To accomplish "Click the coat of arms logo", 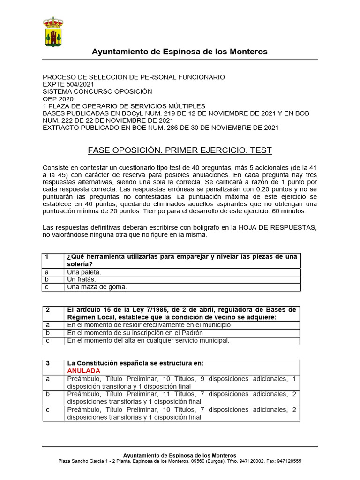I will [53, 32].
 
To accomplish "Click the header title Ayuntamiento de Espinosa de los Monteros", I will [180, 52].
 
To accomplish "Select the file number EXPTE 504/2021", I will [68, 84].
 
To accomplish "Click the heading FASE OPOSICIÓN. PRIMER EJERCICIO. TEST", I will [180, 150].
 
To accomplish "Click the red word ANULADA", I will [84, 371].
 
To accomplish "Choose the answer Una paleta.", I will [84, 272].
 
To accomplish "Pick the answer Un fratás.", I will [82, 279].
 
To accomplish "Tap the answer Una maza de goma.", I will [97, 287].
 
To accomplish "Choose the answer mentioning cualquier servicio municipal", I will [149, 340].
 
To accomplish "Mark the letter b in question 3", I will [47, 394].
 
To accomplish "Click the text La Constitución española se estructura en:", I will [135, 363].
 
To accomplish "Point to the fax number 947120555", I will [289, 461].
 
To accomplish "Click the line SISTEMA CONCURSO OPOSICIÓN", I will [97, 91].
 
